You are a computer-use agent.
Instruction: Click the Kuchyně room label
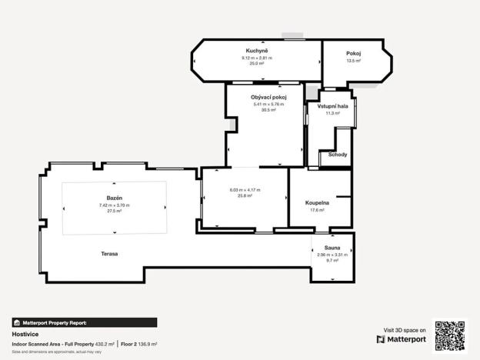pyautogui.click(x=257, y=50)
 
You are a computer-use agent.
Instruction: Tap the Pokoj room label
pyautogui.click(x=354, y=53)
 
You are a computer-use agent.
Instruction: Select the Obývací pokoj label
pyautogui.click(x=268, y=97)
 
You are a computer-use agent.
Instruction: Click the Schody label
pyautogui.click(x=338, y=155)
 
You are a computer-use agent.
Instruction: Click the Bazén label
pyautogui.click(x=115, y=198)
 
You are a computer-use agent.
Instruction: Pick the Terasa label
pyautogui.click(x=109, y=254)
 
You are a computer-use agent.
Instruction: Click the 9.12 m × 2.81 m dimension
pyautogui.click(x=257, y=58)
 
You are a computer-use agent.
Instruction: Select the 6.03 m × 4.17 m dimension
pyautogui.click(x=245, y=190)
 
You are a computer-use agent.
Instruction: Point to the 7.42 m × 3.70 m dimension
pyautogui.click(x=115, y=205)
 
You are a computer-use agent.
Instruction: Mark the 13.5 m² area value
pyautogui.click(x=354, y=61)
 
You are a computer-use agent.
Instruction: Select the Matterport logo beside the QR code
pyautogui.click(x=402, y=338)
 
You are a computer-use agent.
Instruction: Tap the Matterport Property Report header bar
pyautogui.click(x=84, y=323)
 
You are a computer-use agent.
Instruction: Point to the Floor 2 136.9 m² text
pyautogui.click(x=139, y=344)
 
